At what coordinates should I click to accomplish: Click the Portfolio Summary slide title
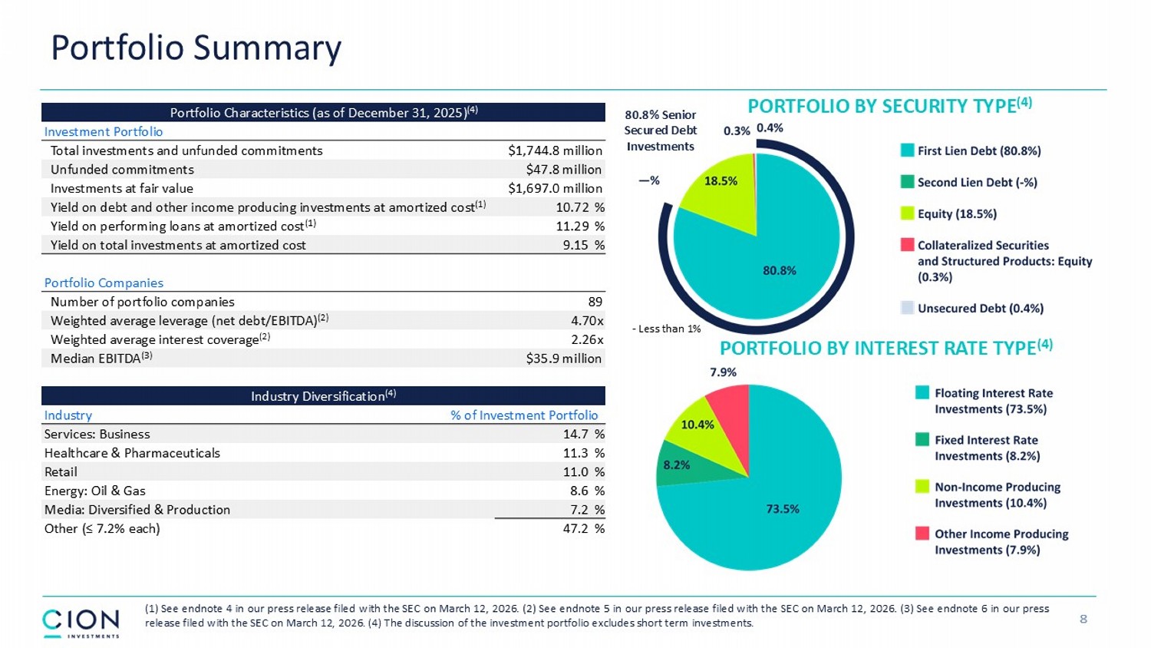[196, 48]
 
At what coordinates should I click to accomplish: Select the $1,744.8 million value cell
[555, 150]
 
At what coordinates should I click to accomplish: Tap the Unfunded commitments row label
[122, 170]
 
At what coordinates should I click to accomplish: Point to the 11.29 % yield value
[579, 226]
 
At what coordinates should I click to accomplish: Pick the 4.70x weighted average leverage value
[587, 321]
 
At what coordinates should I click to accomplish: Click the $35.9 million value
[563, 359]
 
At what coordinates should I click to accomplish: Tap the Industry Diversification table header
[323, 396]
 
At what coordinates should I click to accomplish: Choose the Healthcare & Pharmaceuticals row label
[132, 453]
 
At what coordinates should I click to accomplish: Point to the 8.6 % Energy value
[583, 491]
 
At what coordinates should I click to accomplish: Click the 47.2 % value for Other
[583, 528]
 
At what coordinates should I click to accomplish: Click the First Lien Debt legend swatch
[907, 150]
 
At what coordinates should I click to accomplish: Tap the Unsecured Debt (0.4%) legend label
[980, 309]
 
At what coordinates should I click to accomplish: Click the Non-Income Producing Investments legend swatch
[922, 487]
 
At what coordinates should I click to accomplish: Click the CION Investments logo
[81, 623]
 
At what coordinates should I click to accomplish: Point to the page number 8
[1083, 619]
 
